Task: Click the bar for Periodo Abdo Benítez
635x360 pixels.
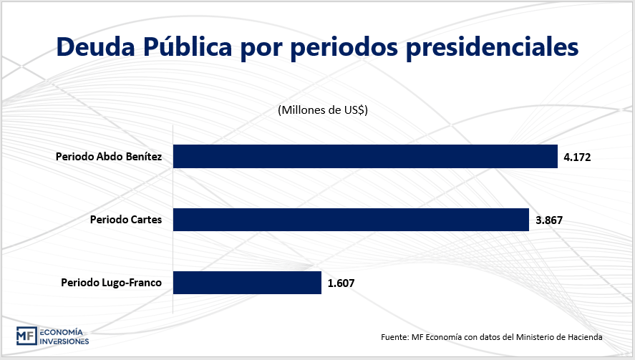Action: [x=365, y=157]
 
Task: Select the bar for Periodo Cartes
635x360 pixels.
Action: [x=351, y=220]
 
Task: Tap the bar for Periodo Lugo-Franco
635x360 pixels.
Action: [x=247, y=283]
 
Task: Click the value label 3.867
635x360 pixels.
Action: [x=550, y=220]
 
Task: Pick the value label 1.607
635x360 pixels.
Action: [x=341, y=283]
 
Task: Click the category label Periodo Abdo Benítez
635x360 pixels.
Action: [x=109, y=157]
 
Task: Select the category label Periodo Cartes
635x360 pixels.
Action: [x=126, y=220]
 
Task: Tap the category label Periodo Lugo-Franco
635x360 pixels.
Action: [x=111, y=283]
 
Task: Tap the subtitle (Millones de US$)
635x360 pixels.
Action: [x=322, y=110]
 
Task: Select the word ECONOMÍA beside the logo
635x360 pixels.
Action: [x=62, y=332]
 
